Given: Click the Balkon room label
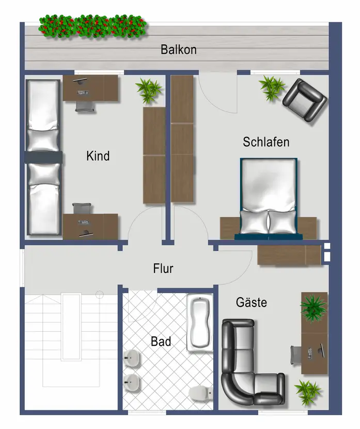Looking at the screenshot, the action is (179, 50).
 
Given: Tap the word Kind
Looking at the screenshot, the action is (98, 156).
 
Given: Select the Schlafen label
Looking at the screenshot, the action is (266, 142).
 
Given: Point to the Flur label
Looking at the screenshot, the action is (163, 268).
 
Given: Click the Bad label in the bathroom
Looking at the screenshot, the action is (161, 342).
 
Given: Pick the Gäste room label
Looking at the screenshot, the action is (251, 302).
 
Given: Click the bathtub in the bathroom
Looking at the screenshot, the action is (200, 323).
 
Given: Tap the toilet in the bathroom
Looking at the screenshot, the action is (200, 393).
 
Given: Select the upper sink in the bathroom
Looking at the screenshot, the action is (132, 358).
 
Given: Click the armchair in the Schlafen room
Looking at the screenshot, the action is (305, 100).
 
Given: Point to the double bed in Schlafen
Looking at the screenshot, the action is (269, 198).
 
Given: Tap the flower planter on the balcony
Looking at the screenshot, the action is (92, 26).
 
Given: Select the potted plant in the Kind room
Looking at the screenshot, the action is (148, 90).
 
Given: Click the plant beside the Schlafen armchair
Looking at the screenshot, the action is (271, 87).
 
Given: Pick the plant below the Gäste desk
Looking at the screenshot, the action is (307, 392).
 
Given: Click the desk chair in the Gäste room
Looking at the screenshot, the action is (295, 355).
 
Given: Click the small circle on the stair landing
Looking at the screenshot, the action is (100, 295).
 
